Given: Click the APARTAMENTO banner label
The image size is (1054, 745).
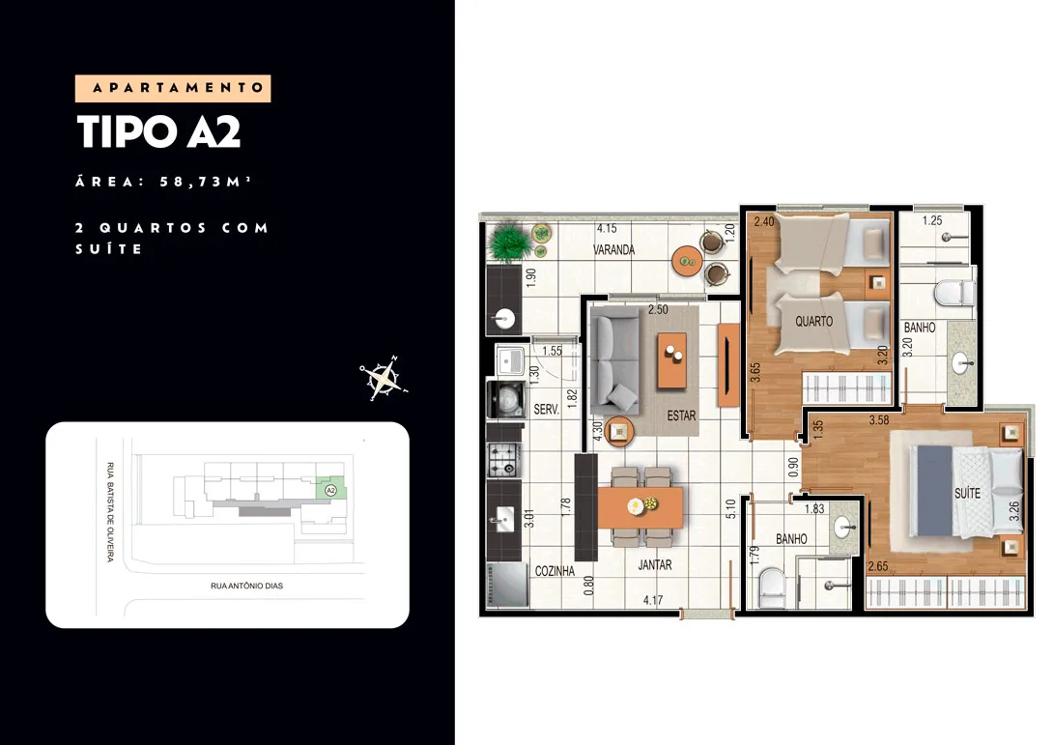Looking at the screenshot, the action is coord(178,88).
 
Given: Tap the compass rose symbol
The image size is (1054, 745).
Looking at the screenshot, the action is coord(384,378).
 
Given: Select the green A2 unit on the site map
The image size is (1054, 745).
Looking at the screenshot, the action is coord(330,488).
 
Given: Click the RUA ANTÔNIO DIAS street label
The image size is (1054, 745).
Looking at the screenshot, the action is coord(246,586).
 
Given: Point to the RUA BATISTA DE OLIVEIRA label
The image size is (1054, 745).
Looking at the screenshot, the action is coord(110,512).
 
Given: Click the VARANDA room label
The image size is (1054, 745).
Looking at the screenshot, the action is coord(613,249).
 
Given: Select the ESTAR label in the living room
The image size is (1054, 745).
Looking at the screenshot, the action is coord(681,415).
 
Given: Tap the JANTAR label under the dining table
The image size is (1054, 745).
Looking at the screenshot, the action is coord(655,565).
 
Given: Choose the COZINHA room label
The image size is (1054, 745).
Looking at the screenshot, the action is coord(555,571).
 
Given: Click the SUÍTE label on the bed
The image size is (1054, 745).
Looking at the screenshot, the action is coord(967,493).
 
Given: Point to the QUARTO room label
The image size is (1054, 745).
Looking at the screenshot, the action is coord(814,322).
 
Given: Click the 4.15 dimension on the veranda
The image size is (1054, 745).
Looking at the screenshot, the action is coord(607,229).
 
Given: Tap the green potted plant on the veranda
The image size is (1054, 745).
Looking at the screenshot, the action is coord(509,243).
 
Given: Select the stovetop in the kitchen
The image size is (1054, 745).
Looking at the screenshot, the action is coord(504,460).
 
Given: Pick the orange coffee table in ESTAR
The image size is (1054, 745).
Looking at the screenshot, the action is coord(672,359).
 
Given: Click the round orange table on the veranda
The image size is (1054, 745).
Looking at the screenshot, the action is coord(687,260).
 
